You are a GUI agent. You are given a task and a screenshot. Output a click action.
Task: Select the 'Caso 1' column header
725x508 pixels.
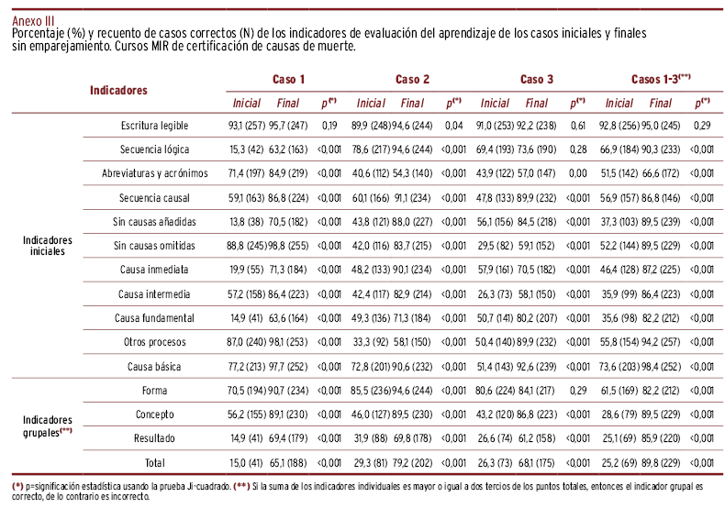pos(289,80)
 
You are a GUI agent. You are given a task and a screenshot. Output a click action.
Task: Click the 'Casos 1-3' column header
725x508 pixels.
pos(661,80)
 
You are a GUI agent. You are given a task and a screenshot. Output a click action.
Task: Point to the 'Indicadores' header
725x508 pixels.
pos(118,91)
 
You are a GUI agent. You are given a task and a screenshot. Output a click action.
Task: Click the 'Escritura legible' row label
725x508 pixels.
pos(154,125)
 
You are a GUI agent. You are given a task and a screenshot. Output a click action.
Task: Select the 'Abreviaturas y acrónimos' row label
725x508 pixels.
pos(155,173)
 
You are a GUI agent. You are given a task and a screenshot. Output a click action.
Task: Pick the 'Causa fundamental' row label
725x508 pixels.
pos(154,317)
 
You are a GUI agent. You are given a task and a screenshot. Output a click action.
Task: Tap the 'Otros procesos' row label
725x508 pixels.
pos(154,342)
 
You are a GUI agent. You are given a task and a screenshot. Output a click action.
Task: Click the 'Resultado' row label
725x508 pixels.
pos(154,438)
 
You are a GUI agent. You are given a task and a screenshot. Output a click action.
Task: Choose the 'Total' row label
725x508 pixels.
pos(154,463)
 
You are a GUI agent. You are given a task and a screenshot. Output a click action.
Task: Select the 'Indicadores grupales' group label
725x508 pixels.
pos(47,426)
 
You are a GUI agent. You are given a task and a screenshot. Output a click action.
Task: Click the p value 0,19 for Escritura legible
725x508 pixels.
pos(329,125)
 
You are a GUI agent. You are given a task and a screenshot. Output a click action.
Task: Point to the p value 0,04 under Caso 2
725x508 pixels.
pos(453,125)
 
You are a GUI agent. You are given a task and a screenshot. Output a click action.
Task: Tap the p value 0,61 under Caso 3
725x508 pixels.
pos(577,125)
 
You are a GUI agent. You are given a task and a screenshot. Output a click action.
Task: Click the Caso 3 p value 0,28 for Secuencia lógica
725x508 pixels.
pos(577,149)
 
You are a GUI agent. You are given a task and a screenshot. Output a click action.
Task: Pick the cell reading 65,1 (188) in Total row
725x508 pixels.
pos(288,463)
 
